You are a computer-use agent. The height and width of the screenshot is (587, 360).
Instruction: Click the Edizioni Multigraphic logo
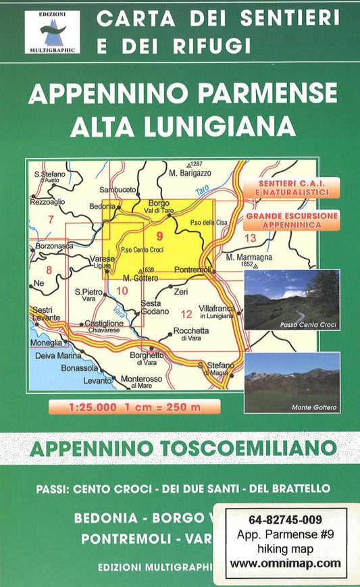coord(52,32)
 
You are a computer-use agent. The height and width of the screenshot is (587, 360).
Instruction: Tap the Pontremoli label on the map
coord(192,270)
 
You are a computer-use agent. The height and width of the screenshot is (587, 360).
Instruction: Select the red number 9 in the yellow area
coord(159,236)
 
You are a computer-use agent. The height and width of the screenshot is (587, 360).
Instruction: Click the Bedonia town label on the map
coord(103,207)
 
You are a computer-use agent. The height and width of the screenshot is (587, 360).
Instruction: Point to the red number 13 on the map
coord(250,237)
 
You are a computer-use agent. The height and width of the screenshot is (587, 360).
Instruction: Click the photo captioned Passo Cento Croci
coord(291,299)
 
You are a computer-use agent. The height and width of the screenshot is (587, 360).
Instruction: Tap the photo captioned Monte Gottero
coord(291,382)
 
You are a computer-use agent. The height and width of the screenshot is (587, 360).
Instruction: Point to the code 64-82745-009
coord(285,520)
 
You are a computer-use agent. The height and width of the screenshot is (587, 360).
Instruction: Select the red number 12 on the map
coord(187,313)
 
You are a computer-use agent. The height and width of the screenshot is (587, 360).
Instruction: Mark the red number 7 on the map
coord(50,219)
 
